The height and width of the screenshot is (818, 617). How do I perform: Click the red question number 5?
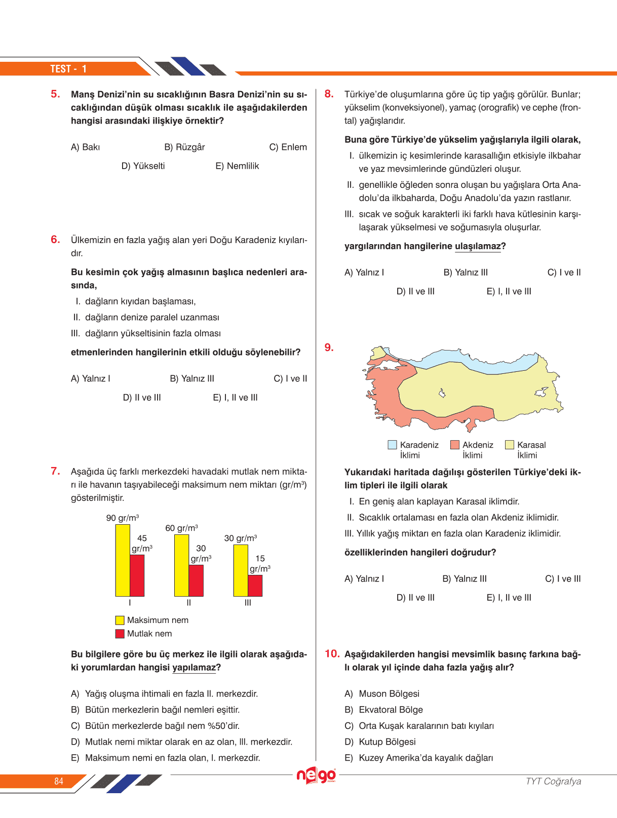[x=55, y=94]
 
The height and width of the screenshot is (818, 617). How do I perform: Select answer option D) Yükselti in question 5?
[x=143, y=166]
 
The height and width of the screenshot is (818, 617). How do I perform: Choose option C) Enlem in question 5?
[x=288, y=147]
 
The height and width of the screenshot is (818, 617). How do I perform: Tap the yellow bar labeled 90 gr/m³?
[x=123, y=560]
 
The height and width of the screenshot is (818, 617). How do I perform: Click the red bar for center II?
[x=196, y=580]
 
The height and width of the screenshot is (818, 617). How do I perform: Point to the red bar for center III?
[x=255, y=586]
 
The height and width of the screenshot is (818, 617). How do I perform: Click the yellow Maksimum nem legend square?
[x=120, y=620]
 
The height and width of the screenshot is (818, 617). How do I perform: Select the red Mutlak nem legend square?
[x=120, y=634]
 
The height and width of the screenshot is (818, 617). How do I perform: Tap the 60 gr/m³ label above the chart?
[x=181, y=528]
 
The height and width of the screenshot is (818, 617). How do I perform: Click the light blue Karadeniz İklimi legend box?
[x=392, y=445]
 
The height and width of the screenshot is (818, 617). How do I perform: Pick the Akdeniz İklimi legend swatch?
[x=455, y=445]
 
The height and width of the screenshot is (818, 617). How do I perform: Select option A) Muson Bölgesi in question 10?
[x=389, y=694]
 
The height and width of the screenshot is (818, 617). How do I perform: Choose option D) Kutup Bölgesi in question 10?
[x=387, y=742]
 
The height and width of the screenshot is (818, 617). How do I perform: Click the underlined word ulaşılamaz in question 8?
[x=478, y=247]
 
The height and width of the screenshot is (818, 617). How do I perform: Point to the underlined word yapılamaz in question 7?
[x=194, y=668]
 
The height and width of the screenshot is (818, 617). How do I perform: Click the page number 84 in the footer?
[x=59, y=781]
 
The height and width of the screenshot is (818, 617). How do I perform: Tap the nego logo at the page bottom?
[x=316, y=775]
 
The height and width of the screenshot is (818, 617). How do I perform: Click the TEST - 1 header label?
[x=68, y=69]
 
